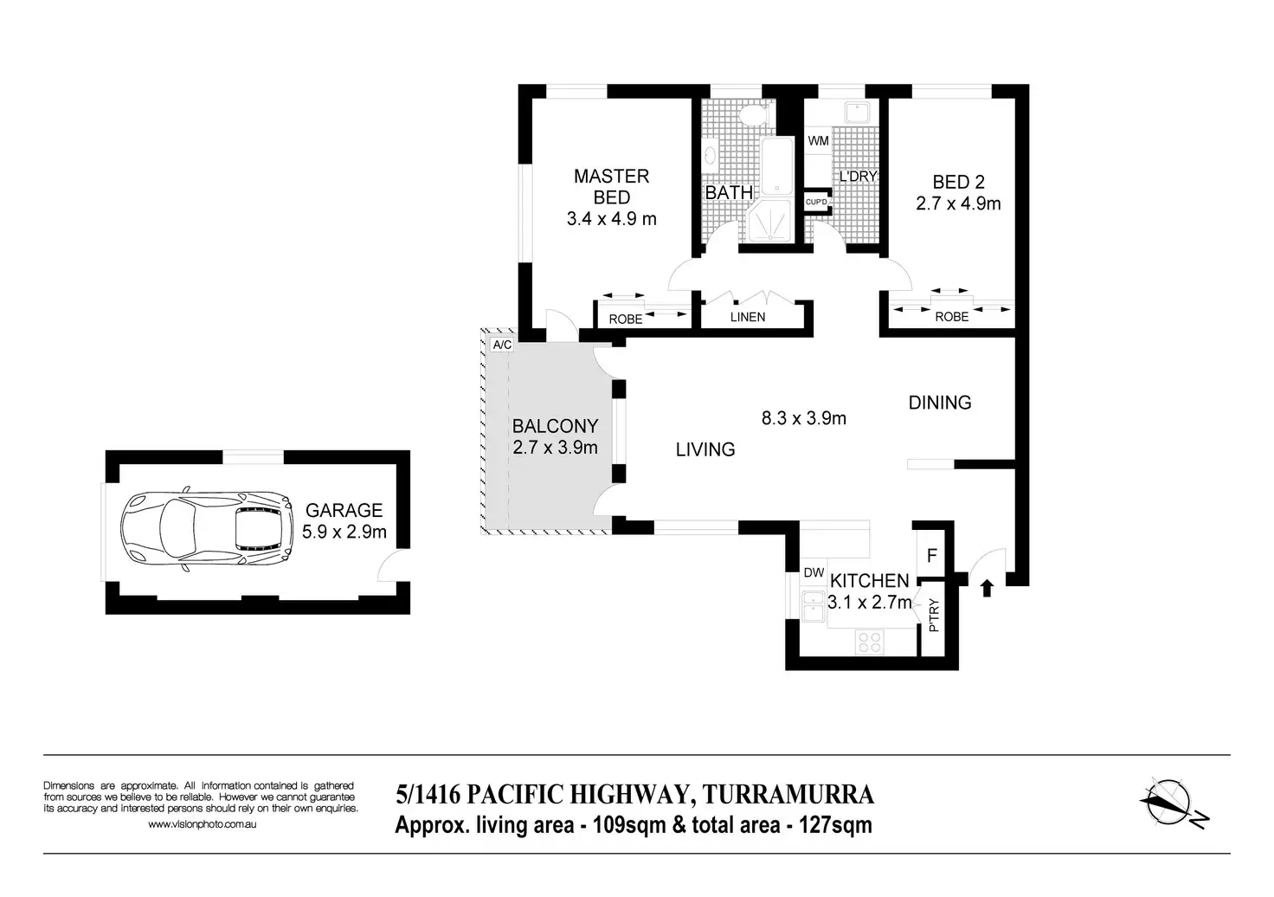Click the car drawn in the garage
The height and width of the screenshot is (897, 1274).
(207, 528)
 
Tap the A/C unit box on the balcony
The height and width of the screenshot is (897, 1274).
(502, 345)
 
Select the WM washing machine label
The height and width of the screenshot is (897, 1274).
(819, 140)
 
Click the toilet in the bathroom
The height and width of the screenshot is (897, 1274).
(754, 116)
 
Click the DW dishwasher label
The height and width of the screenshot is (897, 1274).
(814, 573)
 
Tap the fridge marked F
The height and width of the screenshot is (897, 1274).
(931, 555)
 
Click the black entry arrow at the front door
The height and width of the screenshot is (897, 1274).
(987, 588)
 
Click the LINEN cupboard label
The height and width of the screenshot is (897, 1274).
(747, 318)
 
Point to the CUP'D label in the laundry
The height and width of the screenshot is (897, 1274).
(816, 202)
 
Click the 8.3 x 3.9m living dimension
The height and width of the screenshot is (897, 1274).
(804, 419)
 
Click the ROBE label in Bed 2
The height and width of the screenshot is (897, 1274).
(951, 317)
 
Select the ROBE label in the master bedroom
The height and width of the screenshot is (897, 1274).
(626, 319)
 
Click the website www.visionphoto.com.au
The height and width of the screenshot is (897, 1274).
(202, 824)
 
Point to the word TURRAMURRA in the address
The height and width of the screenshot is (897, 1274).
(788, 795)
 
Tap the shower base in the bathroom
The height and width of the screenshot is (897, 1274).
(769, 222)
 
